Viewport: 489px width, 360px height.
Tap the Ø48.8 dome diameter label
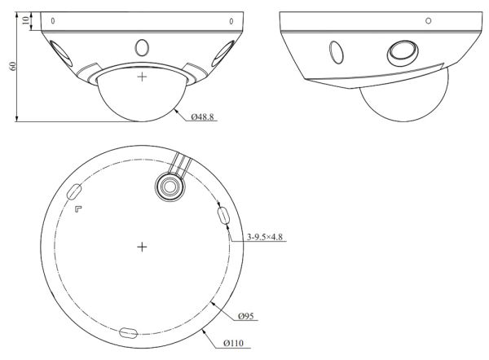click(203, 117)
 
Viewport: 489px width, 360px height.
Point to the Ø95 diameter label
click(249, 316)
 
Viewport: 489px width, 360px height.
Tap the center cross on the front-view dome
click(143, 77)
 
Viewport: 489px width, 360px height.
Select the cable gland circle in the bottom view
click(170, 186)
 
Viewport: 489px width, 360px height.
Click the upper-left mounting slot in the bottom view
click(74, 192)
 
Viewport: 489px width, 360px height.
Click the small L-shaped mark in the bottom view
click(78, 209)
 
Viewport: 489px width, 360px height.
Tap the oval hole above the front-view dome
click(143, 47)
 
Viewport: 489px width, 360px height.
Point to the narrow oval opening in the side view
click(334, 50)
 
